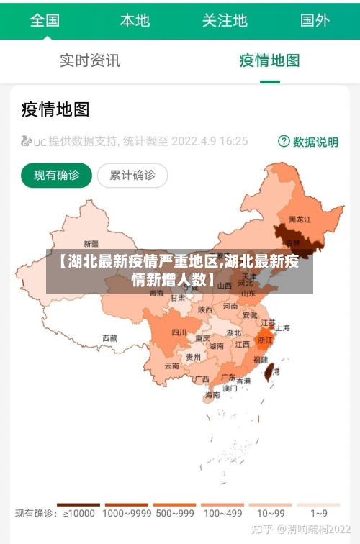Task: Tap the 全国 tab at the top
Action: click(45, 20)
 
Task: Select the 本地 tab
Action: click(135, 20)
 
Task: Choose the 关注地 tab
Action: click(225, 20)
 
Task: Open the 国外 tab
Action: click(315, 20)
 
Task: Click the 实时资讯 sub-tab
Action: click(90, 60)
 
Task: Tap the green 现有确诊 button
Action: click(56, 175)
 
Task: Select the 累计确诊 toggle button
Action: click(132, 175)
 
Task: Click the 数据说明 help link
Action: click(308, 142)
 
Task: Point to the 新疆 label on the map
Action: click(91, 243)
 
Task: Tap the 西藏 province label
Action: click(109, 337)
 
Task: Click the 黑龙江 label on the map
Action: click(300, 219)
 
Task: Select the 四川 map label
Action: click(179, 332)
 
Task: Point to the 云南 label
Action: click(171, 366)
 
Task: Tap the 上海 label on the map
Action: click(283, 328)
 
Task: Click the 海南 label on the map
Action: click(212, 394)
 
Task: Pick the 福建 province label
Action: click(261, 359)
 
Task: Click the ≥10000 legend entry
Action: click(78, 514)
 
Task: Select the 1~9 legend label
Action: click(319, 514)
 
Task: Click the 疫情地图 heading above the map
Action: click(55, 109)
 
